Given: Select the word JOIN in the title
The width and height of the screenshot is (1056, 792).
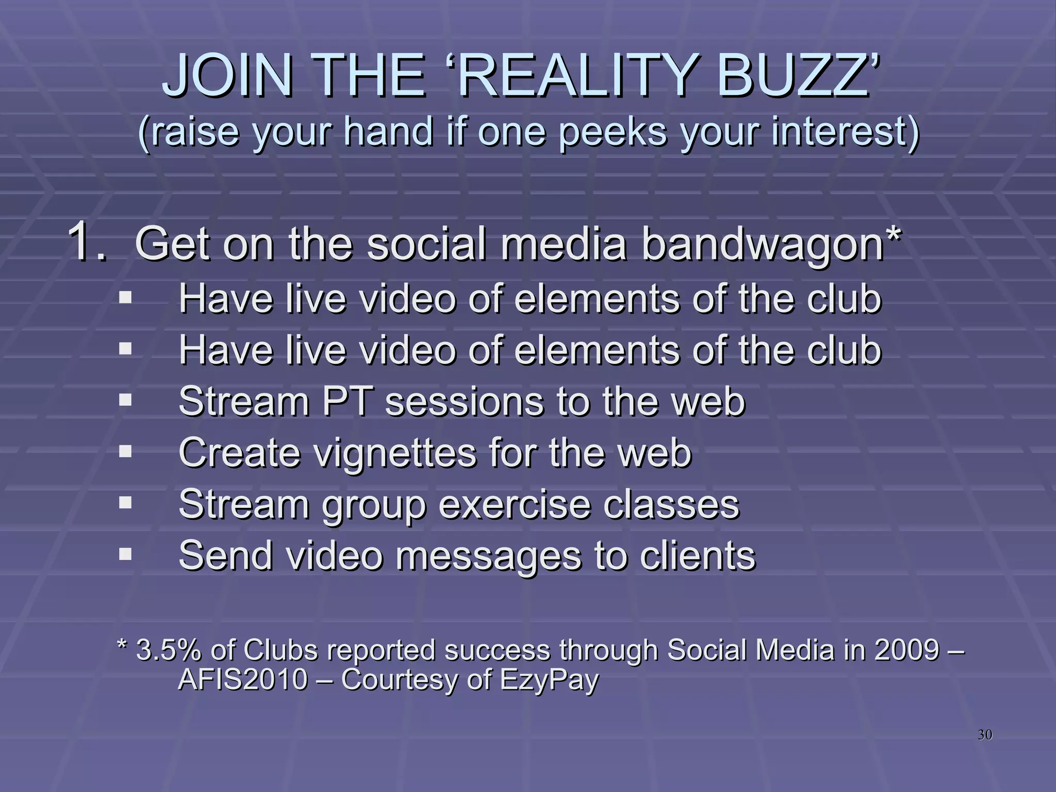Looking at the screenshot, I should pyautogui.click(x=227, y=77).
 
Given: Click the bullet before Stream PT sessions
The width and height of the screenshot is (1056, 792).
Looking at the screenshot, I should pyautogui.click(x=125, y=400).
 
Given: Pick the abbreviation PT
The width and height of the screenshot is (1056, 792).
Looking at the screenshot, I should pyautogui.click(x=346, y=401).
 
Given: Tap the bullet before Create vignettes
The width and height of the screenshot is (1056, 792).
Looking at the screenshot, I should pyautogui.click(x=125, y=451).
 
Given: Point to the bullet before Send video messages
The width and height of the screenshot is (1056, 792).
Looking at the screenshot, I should pyautogui.click(x=125, y=554).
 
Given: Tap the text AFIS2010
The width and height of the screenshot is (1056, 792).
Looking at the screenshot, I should pyautogui.click(x=243, y=680).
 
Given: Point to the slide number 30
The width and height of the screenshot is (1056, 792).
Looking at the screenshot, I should pyautogui.click(x=985, y=735).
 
